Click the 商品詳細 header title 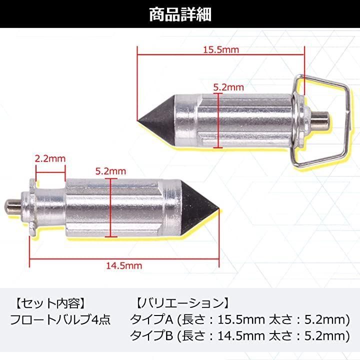pyautogui.click(x=180, y=14)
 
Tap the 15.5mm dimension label pyautogui.click(x=221, y=49)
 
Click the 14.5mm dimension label pyautogui.click(x=124, y=265)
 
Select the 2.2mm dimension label pyautogui.click(x=50, y=158)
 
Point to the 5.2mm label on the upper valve pyautogui.click(x=228, y=87)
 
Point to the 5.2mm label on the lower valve pyautogui.click(x=110, y=171)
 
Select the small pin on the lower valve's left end pyautogui.click(x=12, y=206)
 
